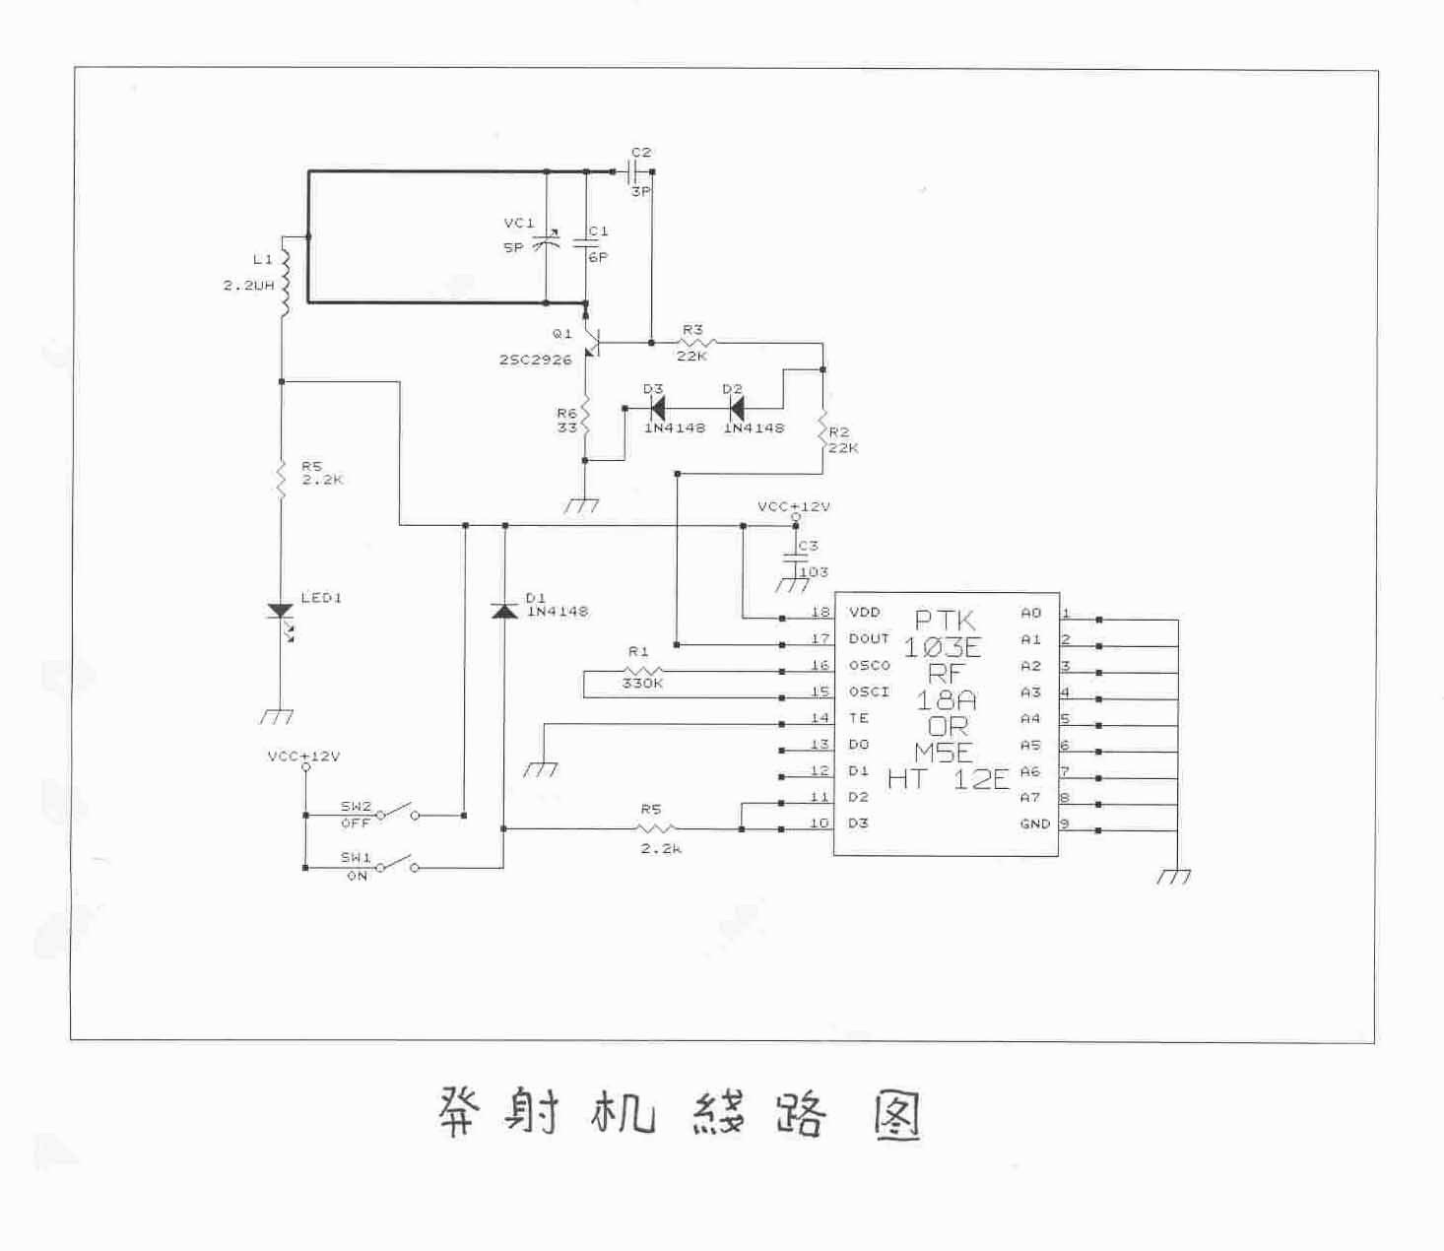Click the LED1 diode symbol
pyautogui.click(x=281, y=612)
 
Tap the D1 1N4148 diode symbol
pyautogui.click(x=504, y=611)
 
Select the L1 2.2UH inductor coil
pyautogui.click(x=285, y=282)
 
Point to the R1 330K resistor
pyautogui.click(x=642, y=672)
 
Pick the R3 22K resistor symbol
pyautogui.click(x=695, y=343)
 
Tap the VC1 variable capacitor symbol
pyautogui.click(x=546, y=240)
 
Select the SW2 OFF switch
pyautogui.click(x=399, y=813)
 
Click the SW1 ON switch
pyautogui.click(x=399, y=865)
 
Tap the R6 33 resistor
pyautogui.click(x=585, y=418)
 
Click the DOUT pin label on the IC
pyautogui.click(x=869, y=639)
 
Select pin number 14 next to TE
pyautogui.click(x=820, y=718)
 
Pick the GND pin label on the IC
pyautogui.click(x=1034, y=823)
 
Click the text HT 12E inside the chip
pyautogui.click(x=948, y=780)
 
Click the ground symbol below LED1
pyautogui.click(x=280, y=716)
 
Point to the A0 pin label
pyautogui.click(x=1030, y=613)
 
